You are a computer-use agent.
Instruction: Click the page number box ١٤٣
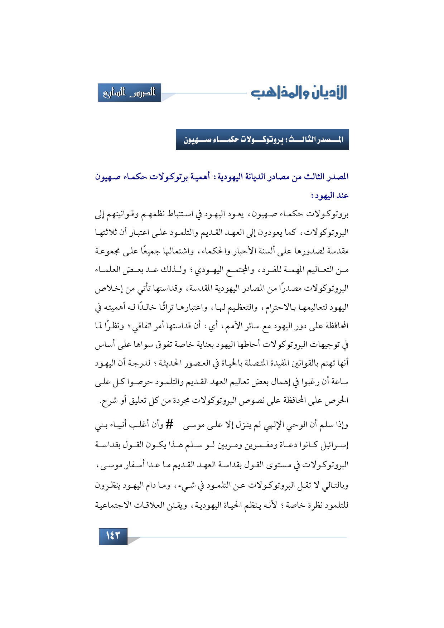point(113,536)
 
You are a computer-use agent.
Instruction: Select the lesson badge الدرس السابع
point(129,93)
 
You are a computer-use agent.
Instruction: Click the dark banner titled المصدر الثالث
point(262,139)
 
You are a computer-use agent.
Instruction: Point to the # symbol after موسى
point(169,425)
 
